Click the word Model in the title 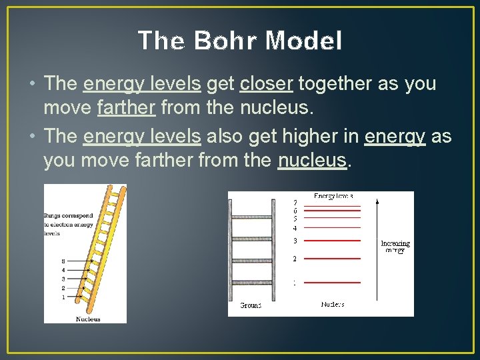click(303, 41)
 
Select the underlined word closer click(267, 84)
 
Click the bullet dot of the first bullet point click(33, 85)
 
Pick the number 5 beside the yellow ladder click(63, 261)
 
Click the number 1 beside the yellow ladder click(63, 297)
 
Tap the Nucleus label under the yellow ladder click(88, 319)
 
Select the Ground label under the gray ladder click(251, 305)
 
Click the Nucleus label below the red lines click(333, 305)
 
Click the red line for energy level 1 click(337, 283)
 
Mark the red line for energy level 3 click(337, 241)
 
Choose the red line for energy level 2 click(337, 259)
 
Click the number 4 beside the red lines click(295, 228)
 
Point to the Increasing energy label click(395, 247)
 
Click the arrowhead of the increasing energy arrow click(378, 200)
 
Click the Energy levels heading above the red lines click(333, 196)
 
